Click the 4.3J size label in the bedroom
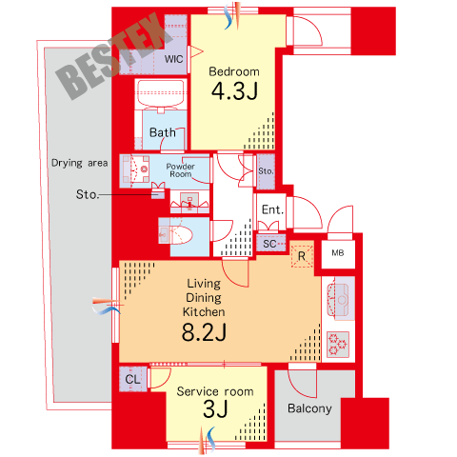[234, 91]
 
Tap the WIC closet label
[173, 59]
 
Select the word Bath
[163, 132]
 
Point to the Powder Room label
[180, 170]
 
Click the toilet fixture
[175, 234]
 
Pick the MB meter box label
[338, 253]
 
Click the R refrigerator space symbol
[302, 256]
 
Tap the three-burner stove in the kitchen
[338, 344]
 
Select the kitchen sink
[338, 300]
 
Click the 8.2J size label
[204, 332]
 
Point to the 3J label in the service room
[215, 408]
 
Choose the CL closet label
[132, 379]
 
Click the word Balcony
[309, 408]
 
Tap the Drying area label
[80, 163]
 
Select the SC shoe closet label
[269, 244]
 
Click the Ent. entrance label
[272, 209]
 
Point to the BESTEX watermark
[114, 57]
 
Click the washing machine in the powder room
[135, 170]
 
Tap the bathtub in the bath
[161, 93]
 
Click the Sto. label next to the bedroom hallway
[266, 171]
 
